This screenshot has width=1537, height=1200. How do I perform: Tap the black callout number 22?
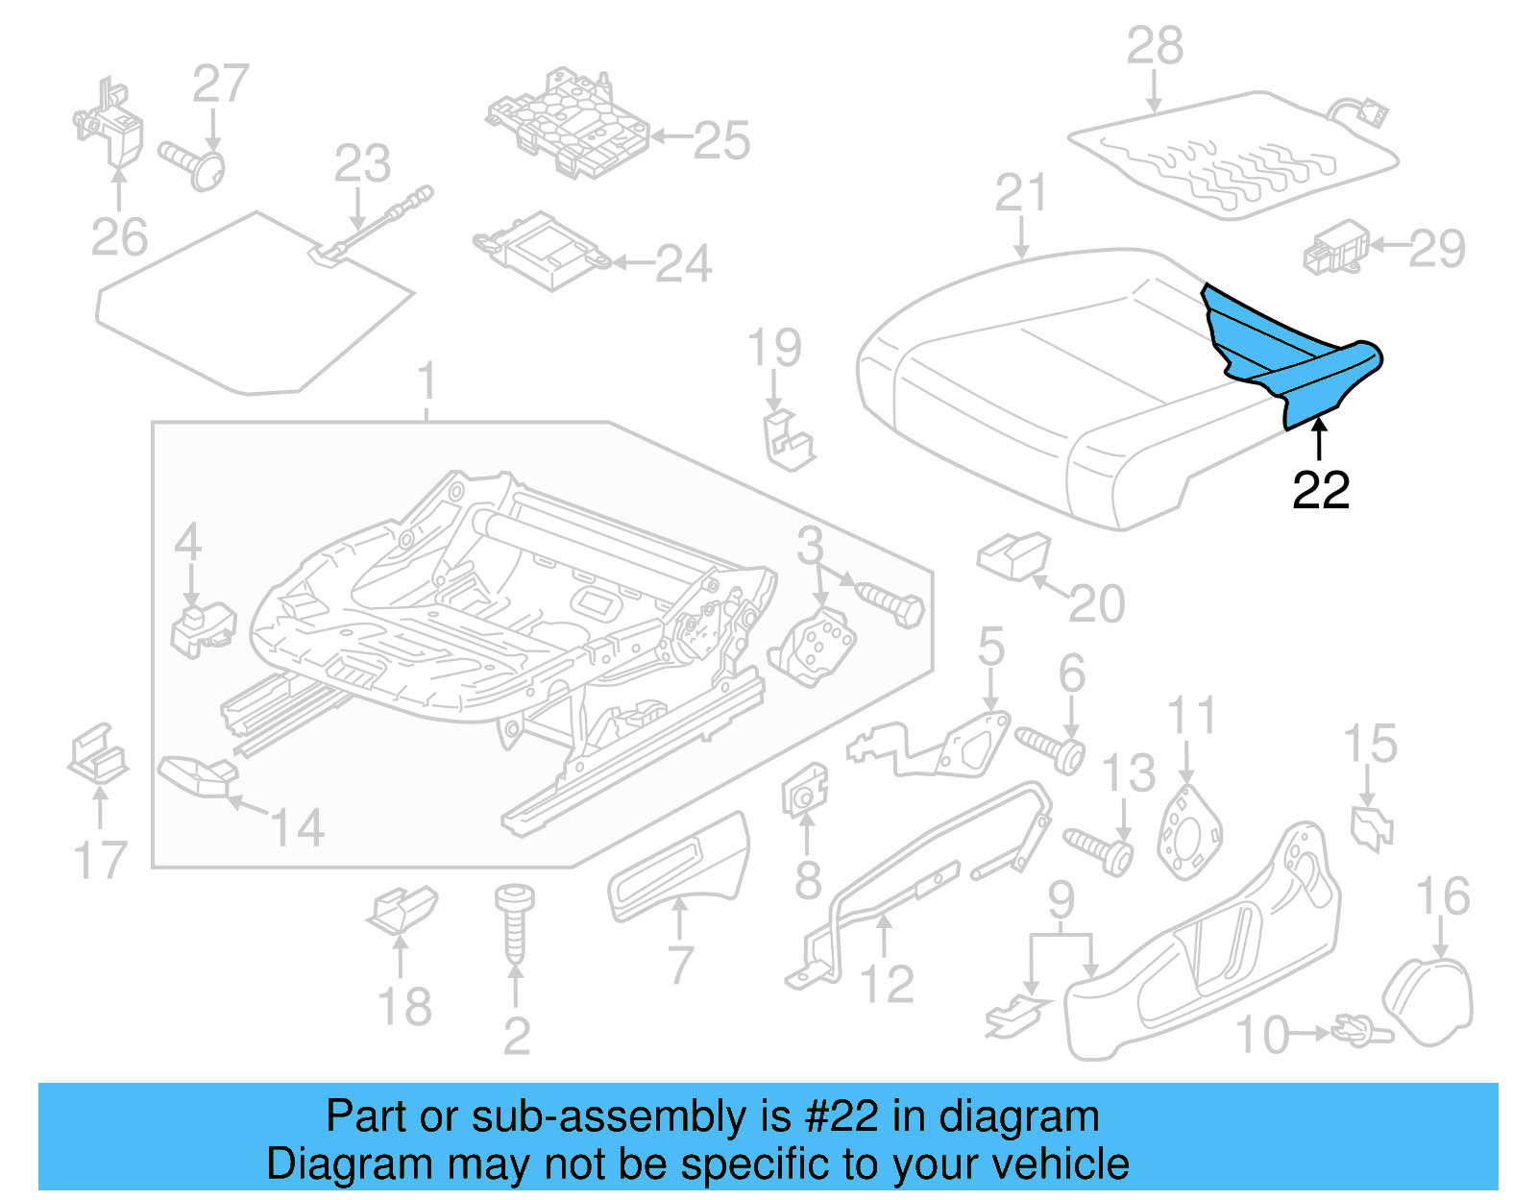[x=1321, y=491]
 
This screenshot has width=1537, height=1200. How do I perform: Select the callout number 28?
[x=1155, y=46]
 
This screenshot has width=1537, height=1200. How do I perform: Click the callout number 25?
[x=720, y=141]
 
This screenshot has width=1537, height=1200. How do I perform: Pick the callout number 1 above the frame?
[x=427, y=381]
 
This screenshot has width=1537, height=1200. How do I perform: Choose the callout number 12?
[x=886, y=984]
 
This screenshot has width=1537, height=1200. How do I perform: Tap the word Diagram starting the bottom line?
[x=323, y=1163]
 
